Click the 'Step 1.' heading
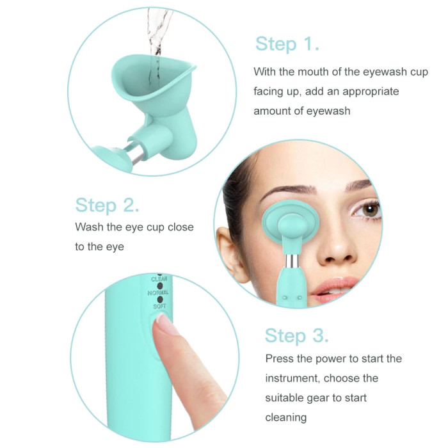(287, 44)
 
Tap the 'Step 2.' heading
(107, 205)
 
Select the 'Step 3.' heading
(296, 335)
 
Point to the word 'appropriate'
(371, 92)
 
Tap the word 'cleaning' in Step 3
(285, 417)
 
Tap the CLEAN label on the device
(159, 278)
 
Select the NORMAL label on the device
(157, 293)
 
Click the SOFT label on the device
(159, 307)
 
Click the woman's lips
(334, 289)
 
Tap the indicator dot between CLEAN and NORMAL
(160, 285)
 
